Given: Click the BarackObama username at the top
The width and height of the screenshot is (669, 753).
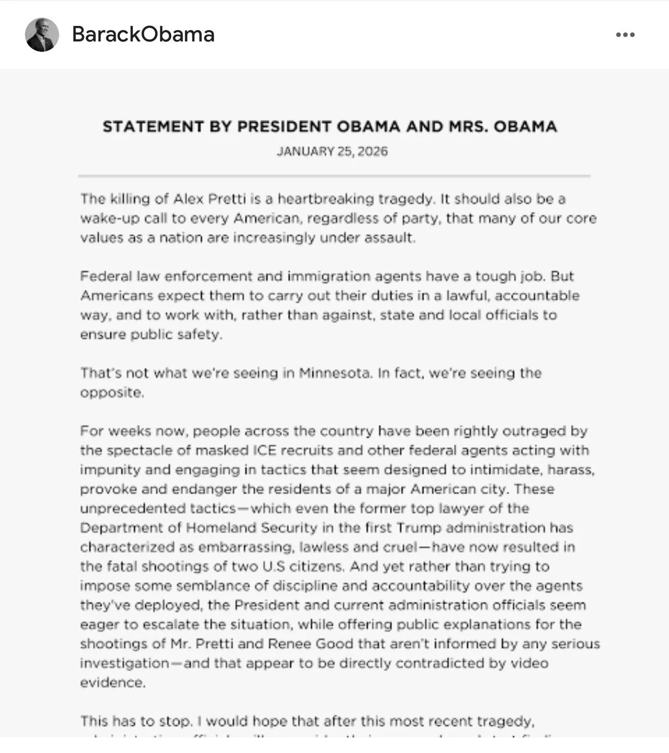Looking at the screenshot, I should [143, 34].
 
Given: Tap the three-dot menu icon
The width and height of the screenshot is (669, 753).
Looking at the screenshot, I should [625, 35].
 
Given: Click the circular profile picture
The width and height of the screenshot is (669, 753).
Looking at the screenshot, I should [42, 35].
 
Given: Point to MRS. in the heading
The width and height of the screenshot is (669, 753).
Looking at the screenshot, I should [468, 126].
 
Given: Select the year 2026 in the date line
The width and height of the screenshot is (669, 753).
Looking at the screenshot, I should [372, 151].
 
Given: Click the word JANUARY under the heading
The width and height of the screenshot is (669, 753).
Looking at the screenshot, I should [305, 151].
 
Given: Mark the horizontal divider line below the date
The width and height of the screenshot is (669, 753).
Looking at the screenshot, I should [334, 176].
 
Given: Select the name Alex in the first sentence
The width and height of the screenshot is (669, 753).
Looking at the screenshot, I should [188, 199].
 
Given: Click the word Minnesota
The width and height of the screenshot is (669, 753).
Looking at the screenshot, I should [335, 373].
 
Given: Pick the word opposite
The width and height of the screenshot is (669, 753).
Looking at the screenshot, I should [111, 393].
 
